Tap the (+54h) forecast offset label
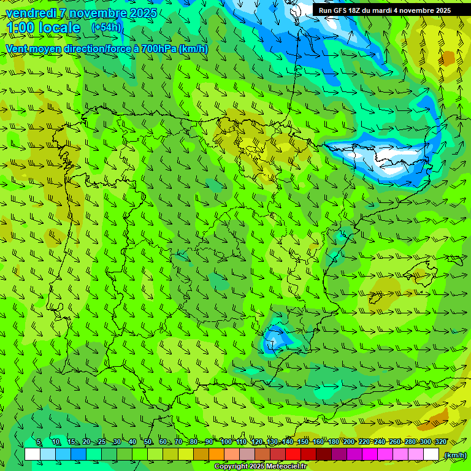106,27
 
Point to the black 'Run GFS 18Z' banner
385,10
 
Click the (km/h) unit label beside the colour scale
454,455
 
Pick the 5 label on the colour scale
39,442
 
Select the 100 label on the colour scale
226,442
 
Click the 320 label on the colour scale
440,442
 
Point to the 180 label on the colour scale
334,442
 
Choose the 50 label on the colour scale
148,442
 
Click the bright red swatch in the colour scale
293,454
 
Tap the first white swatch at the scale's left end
33,454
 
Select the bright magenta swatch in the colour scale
370,454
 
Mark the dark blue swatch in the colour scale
78,454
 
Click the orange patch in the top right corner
448,58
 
